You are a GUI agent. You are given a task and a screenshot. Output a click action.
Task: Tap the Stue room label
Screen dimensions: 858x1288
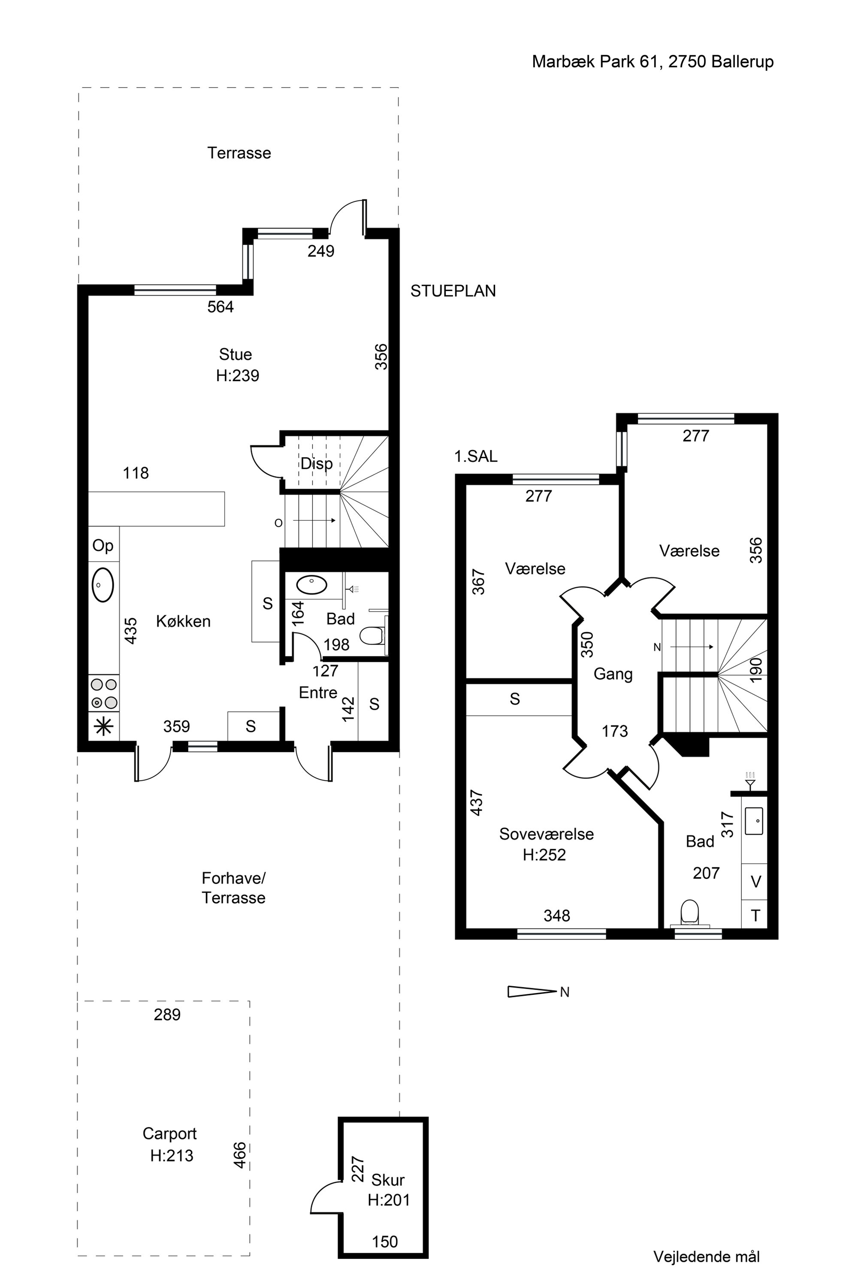(x=235, y=354)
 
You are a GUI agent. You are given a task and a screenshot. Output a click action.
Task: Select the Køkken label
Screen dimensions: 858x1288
(x=183, y=621)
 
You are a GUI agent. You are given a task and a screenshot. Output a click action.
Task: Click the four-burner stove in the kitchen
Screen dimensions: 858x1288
(x=104, y=693)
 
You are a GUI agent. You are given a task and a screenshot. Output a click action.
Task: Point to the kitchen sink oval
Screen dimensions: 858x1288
(x=103, y=585)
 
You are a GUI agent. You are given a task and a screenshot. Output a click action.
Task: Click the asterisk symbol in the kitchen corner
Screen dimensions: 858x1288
(x=103, y=726)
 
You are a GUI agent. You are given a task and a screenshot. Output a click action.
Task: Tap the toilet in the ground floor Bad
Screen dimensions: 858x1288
(x=373, y=635)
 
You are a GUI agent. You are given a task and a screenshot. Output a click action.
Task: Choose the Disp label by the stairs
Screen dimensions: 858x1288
(x=316, y=463)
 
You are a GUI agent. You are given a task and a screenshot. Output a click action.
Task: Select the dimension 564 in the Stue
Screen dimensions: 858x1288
(x=221, y=307)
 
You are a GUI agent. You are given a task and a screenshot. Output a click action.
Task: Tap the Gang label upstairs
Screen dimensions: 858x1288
(x=613, y=674)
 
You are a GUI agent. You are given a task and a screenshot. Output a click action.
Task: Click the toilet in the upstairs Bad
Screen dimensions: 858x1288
(x=690, y=912)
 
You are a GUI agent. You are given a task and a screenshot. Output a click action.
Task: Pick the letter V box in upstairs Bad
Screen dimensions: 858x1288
(x=755, y=882)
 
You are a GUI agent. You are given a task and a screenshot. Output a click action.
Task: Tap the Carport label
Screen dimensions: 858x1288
(x=169, y=1133)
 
